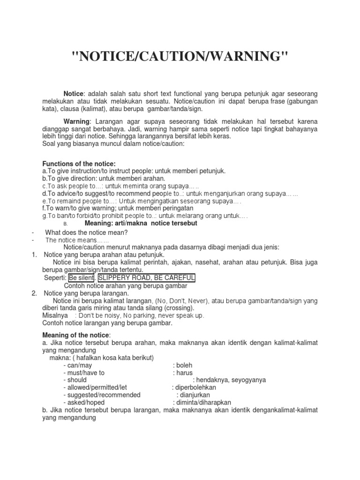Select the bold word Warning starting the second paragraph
tap(76, 121)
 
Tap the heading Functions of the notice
tap(79, 164)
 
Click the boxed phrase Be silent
tap(81, 278)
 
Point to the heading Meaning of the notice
tap(76, 335)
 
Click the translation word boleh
tap(184, 365)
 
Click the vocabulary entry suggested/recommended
tap(102, 395)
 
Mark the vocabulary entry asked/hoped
tap(84, 403)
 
